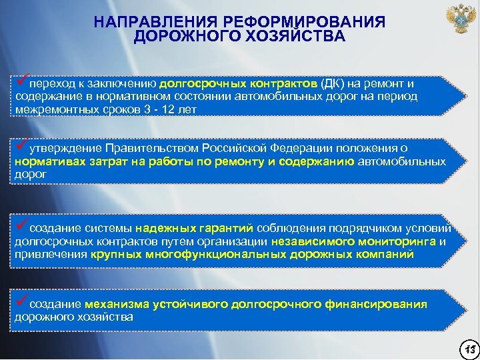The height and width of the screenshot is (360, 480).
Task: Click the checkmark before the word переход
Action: point(21,81)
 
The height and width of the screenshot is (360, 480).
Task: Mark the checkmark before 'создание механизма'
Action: point(21,301)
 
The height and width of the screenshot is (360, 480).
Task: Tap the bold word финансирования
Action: point(377,305)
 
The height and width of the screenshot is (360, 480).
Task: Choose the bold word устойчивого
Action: point(189,305)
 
